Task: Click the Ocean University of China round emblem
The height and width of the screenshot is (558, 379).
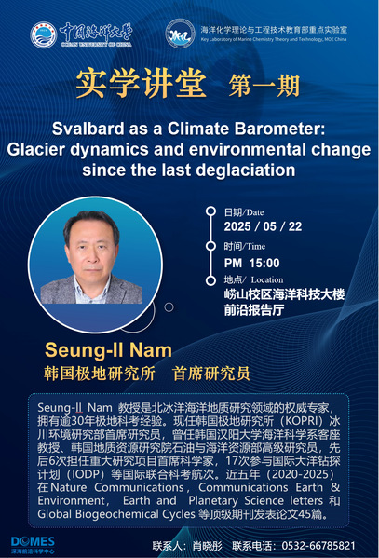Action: coord(43,34)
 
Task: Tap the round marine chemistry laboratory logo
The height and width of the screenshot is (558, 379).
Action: coord(180,34)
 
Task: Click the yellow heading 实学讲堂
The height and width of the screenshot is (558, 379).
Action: coord(141,84)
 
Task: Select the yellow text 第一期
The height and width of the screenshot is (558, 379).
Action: coord(264,86)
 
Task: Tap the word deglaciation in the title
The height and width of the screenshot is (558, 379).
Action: coord(246,170)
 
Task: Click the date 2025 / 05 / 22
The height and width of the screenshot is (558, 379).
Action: coord(263,226)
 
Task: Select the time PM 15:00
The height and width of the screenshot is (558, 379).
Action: coord(251,263)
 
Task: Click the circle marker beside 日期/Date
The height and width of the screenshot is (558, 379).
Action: coord(210,211)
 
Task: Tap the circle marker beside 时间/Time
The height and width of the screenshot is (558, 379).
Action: coord(210,246)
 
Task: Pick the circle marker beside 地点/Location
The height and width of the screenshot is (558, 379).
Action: coord(210,280)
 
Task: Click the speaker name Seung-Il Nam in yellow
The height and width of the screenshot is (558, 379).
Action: coord(108,350)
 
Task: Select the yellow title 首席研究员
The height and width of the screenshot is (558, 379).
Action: coord(211,374)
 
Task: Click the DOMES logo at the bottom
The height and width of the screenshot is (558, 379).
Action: coord(33,545)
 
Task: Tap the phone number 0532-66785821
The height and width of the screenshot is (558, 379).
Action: coord(318,546)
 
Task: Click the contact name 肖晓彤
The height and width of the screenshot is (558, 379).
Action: coord(207,546)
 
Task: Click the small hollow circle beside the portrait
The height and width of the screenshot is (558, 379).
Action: coord(169,306)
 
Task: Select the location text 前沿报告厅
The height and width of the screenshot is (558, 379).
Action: coord(253,310)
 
